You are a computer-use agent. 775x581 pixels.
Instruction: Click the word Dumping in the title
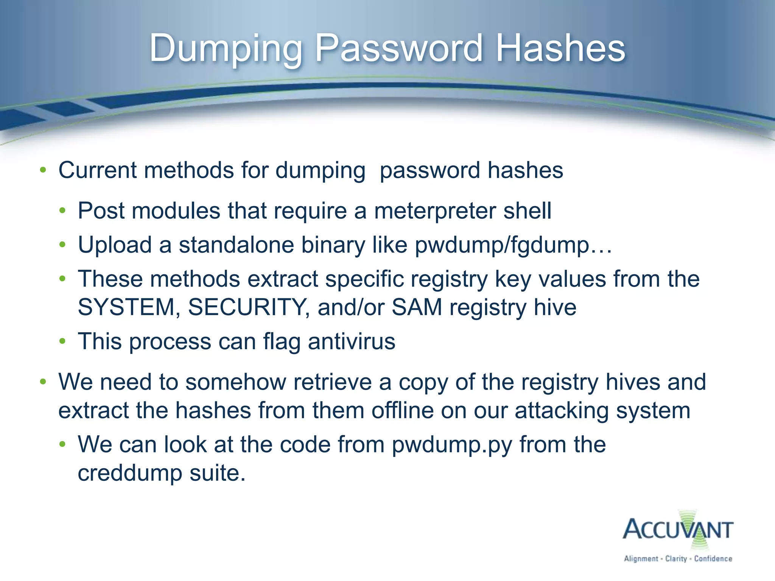tap(226, 48)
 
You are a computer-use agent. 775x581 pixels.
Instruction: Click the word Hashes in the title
tap(560, 48)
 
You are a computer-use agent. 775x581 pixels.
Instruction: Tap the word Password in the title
tap(399, 48)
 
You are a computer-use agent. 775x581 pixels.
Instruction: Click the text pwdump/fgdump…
tap(513, 245)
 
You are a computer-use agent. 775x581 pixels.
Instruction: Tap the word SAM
tap(417, 307)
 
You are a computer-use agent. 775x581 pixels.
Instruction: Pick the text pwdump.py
tap(452, 445)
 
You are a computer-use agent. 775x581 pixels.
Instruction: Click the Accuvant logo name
tap(678, 529)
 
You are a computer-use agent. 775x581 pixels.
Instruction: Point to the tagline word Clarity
tap(676, 559)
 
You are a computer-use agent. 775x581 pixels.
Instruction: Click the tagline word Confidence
tap(713, 559)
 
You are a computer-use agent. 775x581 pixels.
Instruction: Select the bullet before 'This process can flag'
tap(62, 342)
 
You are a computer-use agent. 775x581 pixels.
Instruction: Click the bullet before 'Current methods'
tap(43, 170)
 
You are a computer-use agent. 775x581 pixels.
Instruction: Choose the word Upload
tap(115, 245)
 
